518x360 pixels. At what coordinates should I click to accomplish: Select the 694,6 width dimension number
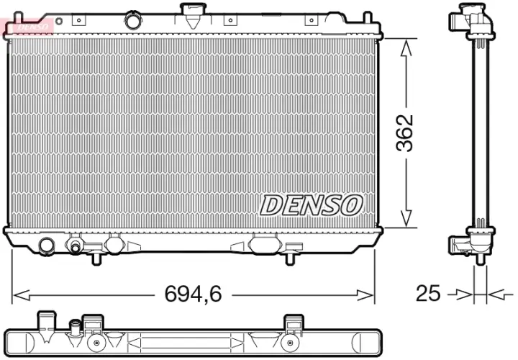[194, 294]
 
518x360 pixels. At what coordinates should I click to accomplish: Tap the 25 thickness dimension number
[428, 293]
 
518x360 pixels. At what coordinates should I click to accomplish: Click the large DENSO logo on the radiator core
[310, 205]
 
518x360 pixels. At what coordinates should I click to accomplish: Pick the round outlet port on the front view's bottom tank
[47, 245]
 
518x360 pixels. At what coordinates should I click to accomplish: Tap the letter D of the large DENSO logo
[271, 205]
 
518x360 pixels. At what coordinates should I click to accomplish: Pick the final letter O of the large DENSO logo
[349, 205]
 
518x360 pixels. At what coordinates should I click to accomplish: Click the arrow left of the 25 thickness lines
[461, 294]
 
